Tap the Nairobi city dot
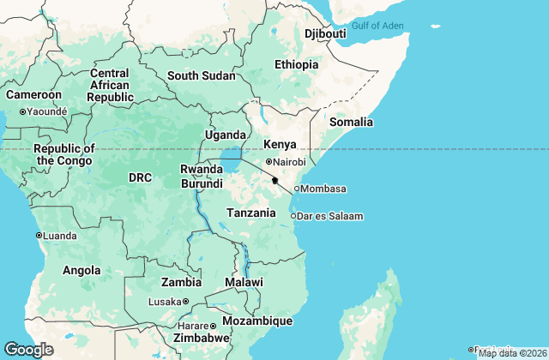click(268, 161)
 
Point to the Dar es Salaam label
click(331, 216)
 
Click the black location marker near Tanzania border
click(274, 180)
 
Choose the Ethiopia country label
click(296, 65)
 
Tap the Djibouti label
click(325, 33)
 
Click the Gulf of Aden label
click(377, 25)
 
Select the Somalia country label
click(352, 122)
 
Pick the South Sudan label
click(201, 75)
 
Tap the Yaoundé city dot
click(22, 111)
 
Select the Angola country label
click(81, 270)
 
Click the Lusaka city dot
click(185, 302)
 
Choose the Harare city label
click(188, 326)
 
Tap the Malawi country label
click(244, 282)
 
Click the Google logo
click(28, 349)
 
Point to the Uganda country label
click(225, 135)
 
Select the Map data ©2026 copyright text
click(511, 353)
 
